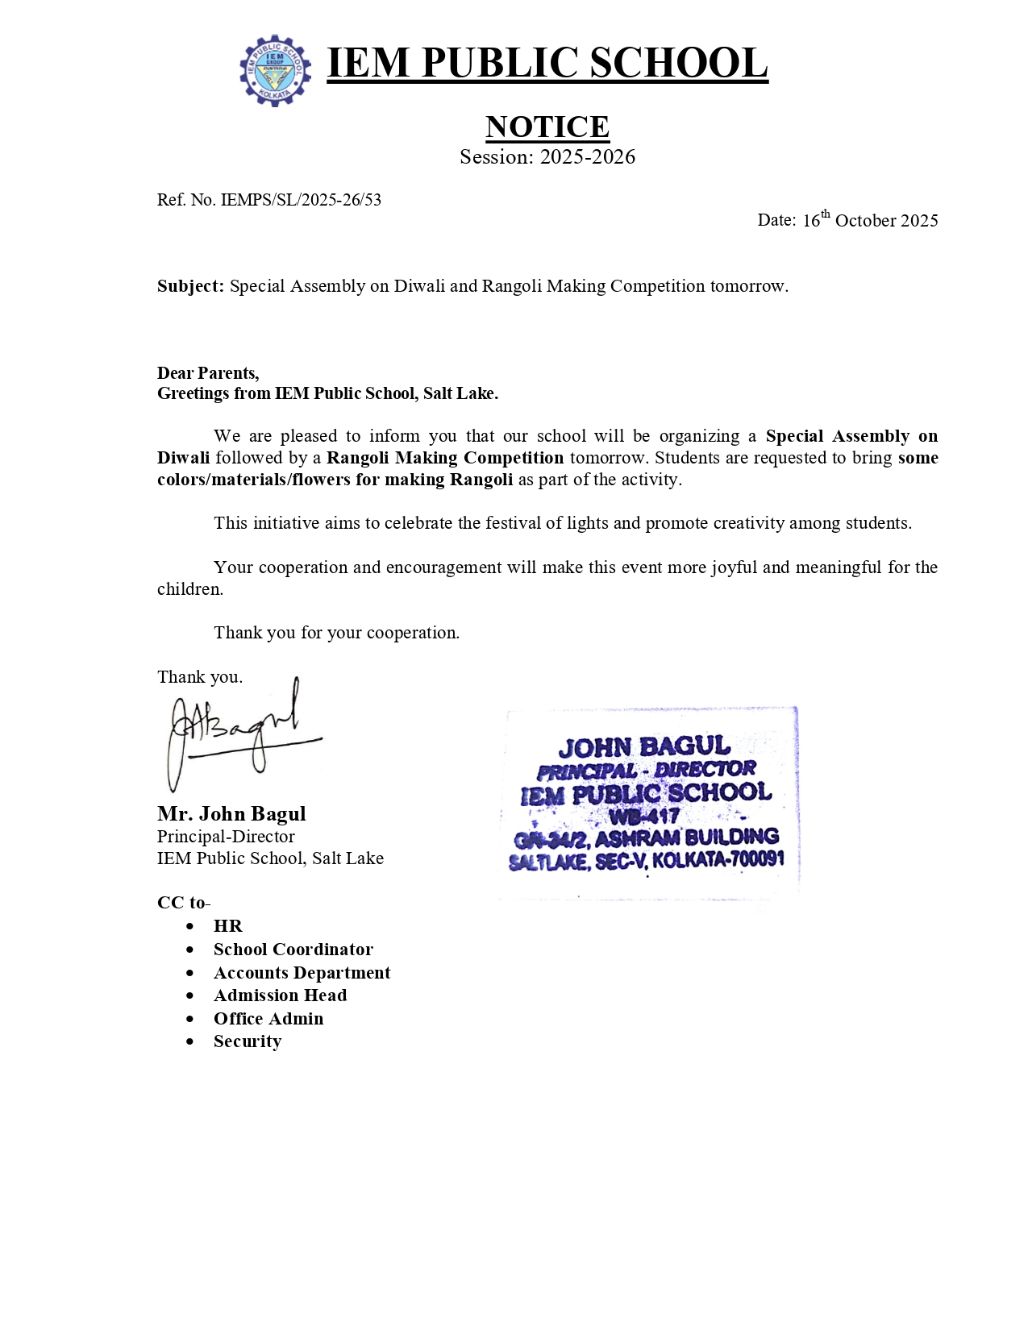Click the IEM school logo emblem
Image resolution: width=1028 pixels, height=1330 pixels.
pos(275,70)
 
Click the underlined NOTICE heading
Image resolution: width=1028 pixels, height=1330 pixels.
pos(547,127)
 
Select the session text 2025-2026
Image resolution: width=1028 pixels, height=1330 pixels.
pos(587,157)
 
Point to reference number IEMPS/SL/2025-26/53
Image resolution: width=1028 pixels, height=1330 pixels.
pos(300,200)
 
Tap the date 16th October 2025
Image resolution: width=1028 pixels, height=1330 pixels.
pos(869,220)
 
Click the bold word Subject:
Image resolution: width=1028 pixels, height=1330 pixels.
pos(190,286)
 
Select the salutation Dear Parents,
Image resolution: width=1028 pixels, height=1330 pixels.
pos(208,372)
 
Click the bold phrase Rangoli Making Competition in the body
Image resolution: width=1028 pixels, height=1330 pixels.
pos(444,458)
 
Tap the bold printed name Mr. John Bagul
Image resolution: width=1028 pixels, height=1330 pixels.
pos(231,813)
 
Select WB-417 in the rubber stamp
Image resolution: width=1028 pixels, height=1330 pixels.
pos(644,816)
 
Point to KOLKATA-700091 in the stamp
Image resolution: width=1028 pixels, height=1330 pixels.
pos(718,859)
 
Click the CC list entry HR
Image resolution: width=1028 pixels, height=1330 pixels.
pos(227,926)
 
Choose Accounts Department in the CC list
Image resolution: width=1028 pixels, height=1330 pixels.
pos(302,973)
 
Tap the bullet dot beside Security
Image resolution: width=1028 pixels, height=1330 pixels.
pos(189,1042)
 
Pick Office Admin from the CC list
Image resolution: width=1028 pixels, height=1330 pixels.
pos(268,1019)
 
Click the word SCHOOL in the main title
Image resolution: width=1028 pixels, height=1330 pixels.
pos(678,63)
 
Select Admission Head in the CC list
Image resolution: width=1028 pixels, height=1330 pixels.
pos(280,995)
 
